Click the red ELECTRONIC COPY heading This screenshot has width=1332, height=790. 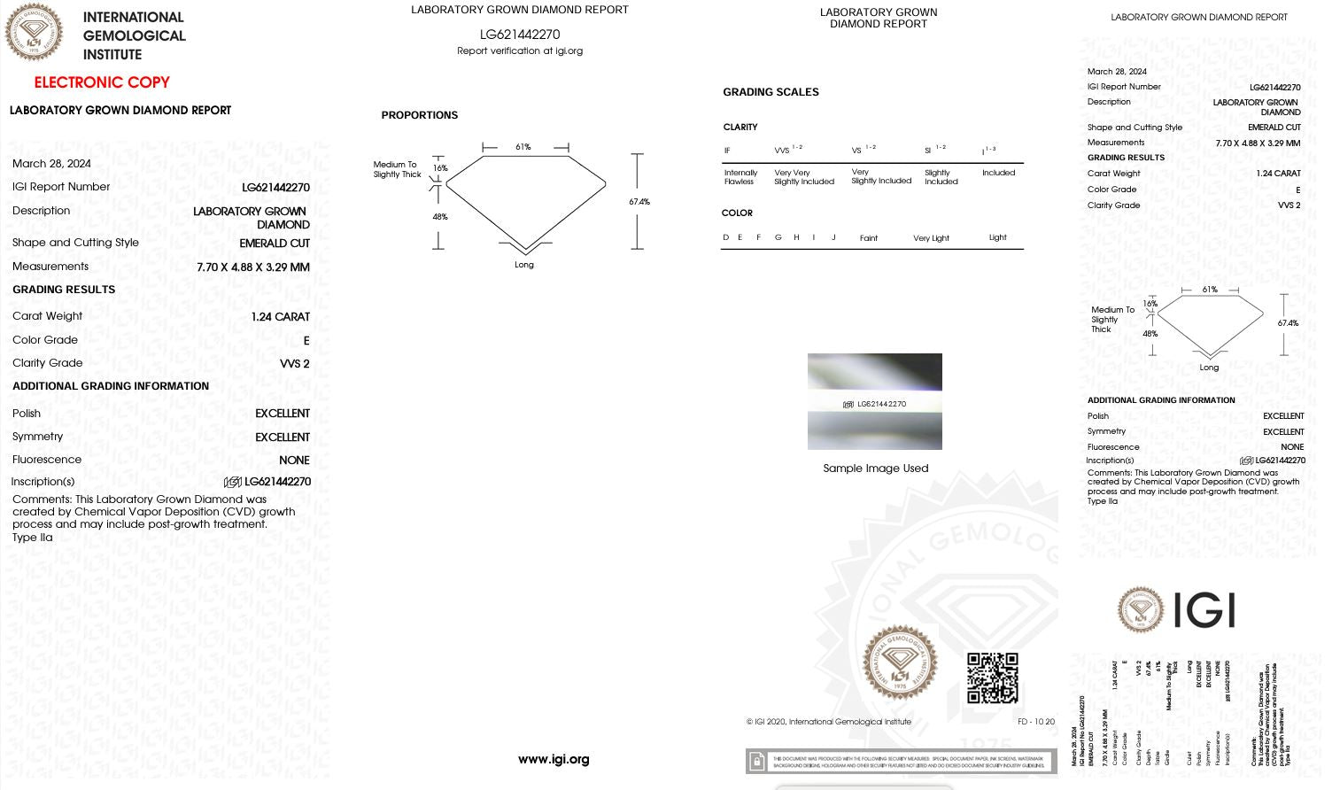[x=102, y=82]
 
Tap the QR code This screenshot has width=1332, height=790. [x=992, y=678]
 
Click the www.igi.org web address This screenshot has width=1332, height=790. [x=554, y=759]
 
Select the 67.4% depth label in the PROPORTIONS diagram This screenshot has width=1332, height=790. [x=639, y=202]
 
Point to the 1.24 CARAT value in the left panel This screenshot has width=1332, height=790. [x=280, y=316]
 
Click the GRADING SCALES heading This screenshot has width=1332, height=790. [x=771, y=92]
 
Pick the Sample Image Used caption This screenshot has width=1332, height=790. [x=875, y=469]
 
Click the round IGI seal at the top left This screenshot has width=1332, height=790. [x=35, y=33]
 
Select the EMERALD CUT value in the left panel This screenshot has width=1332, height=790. [x=275, y=243]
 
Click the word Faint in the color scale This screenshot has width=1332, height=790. [x=868, y=238]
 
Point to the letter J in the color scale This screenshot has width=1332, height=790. [x=833, y=237]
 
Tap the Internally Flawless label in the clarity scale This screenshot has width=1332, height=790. [x=740, y=177]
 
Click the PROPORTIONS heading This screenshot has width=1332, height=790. [x=419, y=115]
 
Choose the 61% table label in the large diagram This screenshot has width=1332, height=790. [x=523, y=147]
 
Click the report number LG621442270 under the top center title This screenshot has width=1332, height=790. [x=520, y=35]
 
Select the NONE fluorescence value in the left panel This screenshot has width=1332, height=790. [x=294, y=461]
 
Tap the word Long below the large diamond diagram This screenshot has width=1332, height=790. [x=524, y=265]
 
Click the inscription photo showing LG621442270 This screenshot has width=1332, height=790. [x=874, y=401]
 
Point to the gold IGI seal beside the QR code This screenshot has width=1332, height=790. [x=900, y=663]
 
